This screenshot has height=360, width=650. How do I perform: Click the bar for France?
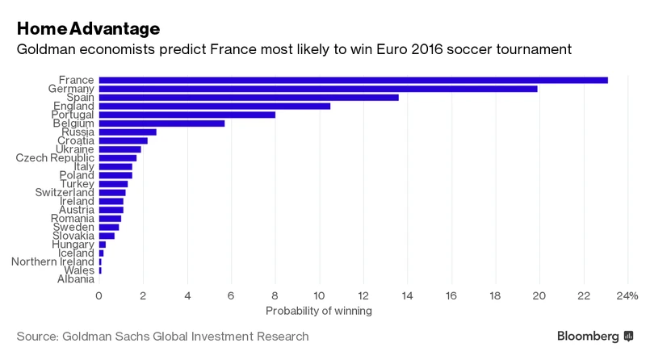tap(353, 80)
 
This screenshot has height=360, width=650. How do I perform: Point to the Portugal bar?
tap(187, 115)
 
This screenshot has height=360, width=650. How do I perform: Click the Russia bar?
tap(128, 132)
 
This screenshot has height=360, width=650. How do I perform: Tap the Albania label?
tap(76, 279)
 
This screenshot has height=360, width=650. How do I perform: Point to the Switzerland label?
tap(65, 192)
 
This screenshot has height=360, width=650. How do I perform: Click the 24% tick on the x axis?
tap(627, 295)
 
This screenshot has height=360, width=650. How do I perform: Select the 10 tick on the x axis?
tap(319, 295)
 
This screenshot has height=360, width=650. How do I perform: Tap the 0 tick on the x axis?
tap(99, 295)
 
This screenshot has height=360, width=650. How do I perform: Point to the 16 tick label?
tap(451, 295)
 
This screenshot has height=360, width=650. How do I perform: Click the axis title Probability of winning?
tap(319, 310)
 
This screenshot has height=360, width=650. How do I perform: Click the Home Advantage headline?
tap(88, 28)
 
